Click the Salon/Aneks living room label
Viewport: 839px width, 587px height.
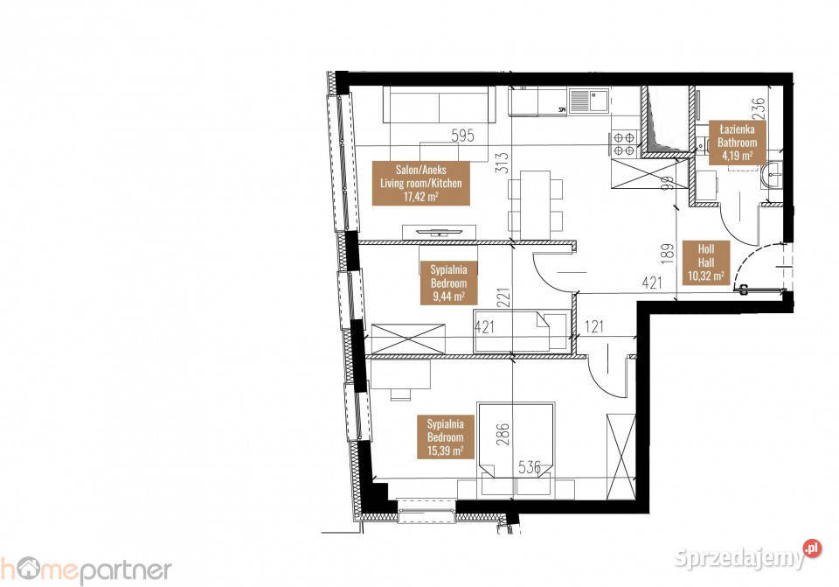pyautogui.click(x=420, y=183)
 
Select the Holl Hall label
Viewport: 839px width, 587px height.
pyautogui.click(x=705, y=262)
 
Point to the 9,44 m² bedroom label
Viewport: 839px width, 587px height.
pyautogui.click(x=448, y=283)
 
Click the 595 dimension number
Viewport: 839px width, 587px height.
pyautogui.click(x=461, y=136)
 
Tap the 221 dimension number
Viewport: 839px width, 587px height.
pyautogui.click(x=503, y=299)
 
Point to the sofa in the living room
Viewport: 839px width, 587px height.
pyautogui.click(x=441, y=107)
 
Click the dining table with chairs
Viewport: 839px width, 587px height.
pyautogui.click(x=530, y=202)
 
